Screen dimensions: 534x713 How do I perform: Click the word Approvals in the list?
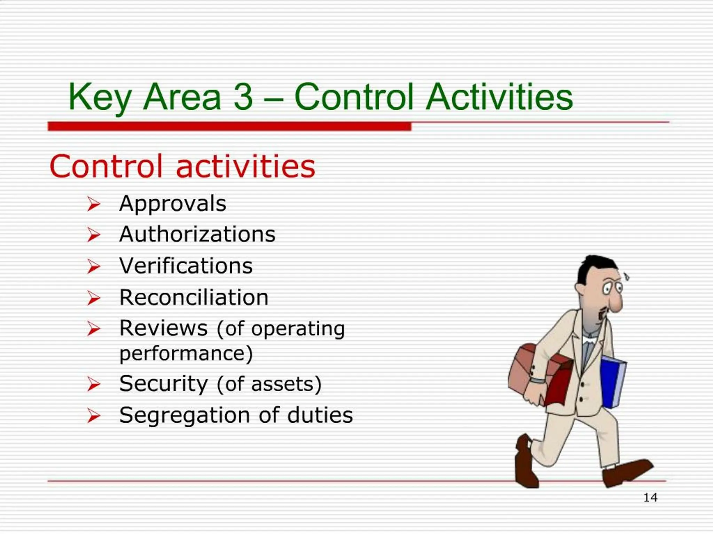173,204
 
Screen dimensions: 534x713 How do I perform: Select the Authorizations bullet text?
197,234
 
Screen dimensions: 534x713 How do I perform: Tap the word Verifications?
186,266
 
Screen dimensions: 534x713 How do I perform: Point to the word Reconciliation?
194,298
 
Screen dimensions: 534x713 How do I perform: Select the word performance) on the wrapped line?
186,354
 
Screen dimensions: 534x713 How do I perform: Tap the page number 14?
650,497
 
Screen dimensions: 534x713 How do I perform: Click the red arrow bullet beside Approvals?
93,204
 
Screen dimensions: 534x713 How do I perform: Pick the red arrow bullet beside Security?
93,385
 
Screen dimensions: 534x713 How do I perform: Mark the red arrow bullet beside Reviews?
93,329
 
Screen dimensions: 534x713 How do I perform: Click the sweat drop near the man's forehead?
627,277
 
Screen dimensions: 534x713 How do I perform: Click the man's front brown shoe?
627,471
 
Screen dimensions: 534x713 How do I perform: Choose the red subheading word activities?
245,167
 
